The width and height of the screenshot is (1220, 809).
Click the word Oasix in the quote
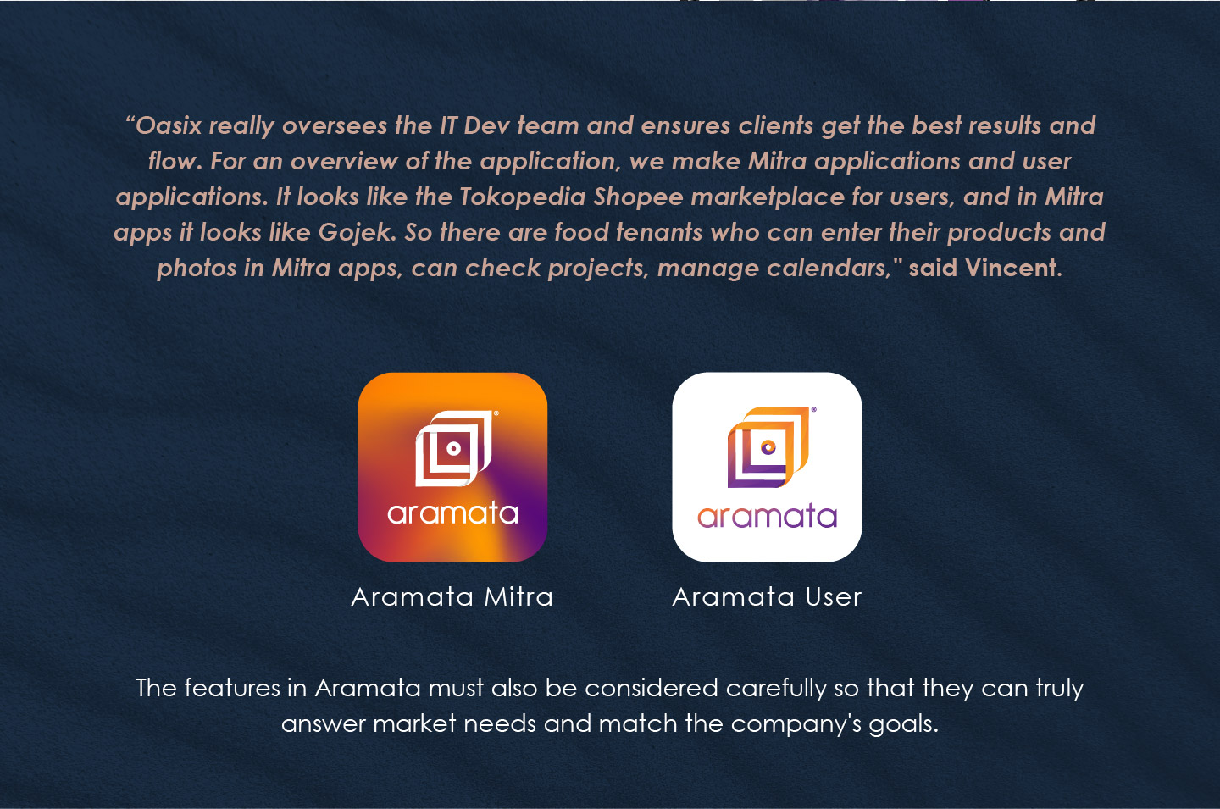[x=169, y=125]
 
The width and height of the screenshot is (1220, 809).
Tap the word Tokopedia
[x=522, y=197]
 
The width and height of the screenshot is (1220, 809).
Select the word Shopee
[x=638, y=197]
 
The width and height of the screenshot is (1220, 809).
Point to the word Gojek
[x=357, y=233]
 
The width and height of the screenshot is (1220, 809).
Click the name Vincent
[x=1013, y=268]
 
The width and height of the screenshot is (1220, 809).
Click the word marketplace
[x=768, y=197]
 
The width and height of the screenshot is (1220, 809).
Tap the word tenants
[x=659, y=232]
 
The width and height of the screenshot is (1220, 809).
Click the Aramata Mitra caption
[x=452, y=596]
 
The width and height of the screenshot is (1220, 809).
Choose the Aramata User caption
[x=767, y=596]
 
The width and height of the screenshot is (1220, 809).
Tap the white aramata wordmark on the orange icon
[x=452, y=513]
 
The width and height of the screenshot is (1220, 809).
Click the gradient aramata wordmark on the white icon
[x=767, y=516]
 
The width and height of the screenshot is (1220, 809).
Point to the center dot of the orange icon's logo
[x=454, y=449]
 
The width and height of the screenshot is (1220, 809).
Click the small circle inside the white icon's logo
[x=768, y=447]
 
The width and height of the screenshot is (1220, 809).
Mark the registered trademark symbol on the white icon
[x=813, y=409]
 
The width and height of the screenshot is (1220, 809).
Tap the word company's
[x=796, y=724]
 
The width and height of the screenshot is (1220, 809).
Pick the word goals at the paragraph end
[x=903, y=724]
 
